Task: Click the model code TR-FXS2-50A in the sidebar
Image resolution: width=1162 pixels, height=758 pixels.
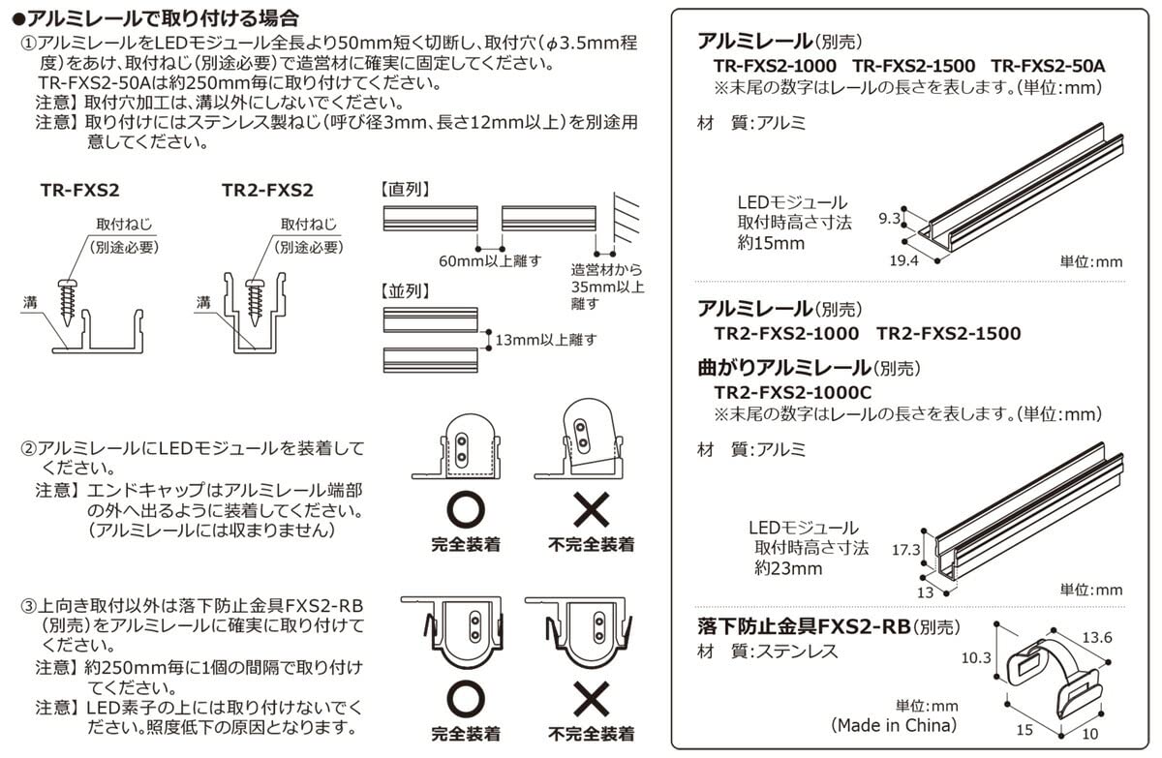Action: click(1048, 66)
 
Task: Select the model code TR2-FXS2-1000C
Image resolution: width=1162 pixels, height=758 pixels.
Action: click(793, 392)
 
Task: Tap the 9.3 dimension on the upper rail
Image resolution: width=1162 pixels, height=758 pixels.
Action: click(888, 220)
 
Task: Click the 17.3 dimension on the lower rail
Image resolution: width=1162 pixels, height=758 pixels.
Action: click(904, 549)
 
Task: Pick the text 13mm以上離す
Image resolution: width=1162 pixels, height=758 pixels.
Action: click(545, 339)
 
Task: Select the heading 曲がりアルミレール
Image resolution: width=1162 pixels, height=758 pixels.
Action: click(784, 368)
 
